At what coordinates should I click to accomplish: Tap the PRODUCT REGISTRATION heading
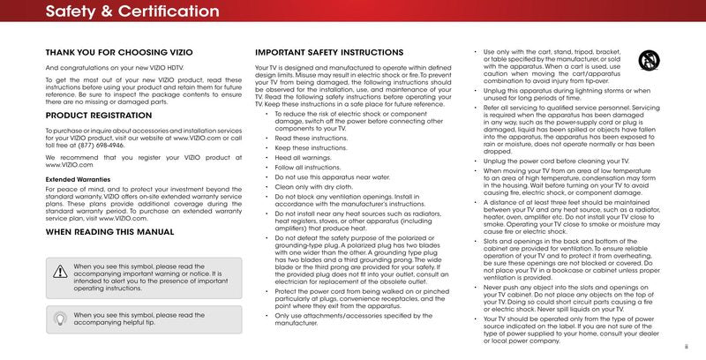[x=95, y=116]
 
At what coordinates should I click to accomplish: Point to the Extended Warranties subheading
[x=79, y=178]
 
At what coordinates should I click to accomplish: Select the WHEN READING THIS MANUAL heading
[x=109, y=232]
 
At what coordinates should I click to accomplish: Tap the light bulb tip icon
[x=60, y=318]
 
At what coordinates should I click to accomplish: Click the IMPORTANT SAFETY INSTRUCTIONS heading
[x=329, y=53]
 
